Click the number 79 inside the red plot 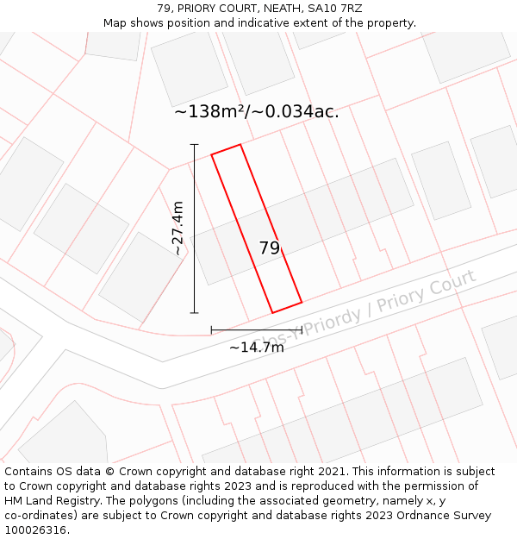coord(269,248)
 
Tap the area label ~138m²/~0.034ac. coord(256,111)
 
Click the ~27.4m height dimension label coord(178,229)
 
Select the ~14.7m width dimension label coord(256,348)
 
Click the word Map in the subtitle coord(115,23)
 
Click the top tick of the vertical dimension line coord(194,144)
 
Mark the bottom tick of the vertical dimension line coord(194,313)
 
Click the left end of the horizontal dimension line coord(211,329)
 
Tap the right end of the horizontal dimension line coord(302,329)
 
